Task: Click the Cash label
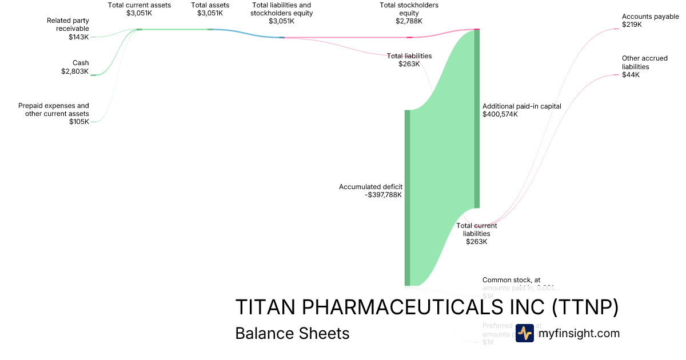81,63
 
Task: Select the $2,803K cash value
75,71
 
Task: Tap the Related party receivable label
68,25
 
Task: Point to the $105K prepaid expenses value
79,122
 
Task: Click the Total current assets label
139,5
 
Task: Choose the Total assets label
210,5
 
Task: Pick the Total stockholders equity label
409,9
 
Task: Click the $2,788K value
409,21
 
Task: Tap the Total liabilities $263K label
409,59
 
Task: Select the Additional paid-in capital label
522,106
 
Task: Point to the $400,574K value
500,114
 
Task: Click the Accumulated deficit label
371,187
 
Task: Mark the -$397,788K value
384,195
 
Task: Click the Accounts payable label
651,17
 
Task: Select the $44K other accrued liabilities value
631,75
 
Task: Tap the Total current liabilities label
476,229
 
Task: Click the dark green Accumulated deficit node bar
408,197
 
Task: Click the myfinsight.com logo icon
525,333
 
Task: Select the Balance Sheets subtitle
292,333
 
